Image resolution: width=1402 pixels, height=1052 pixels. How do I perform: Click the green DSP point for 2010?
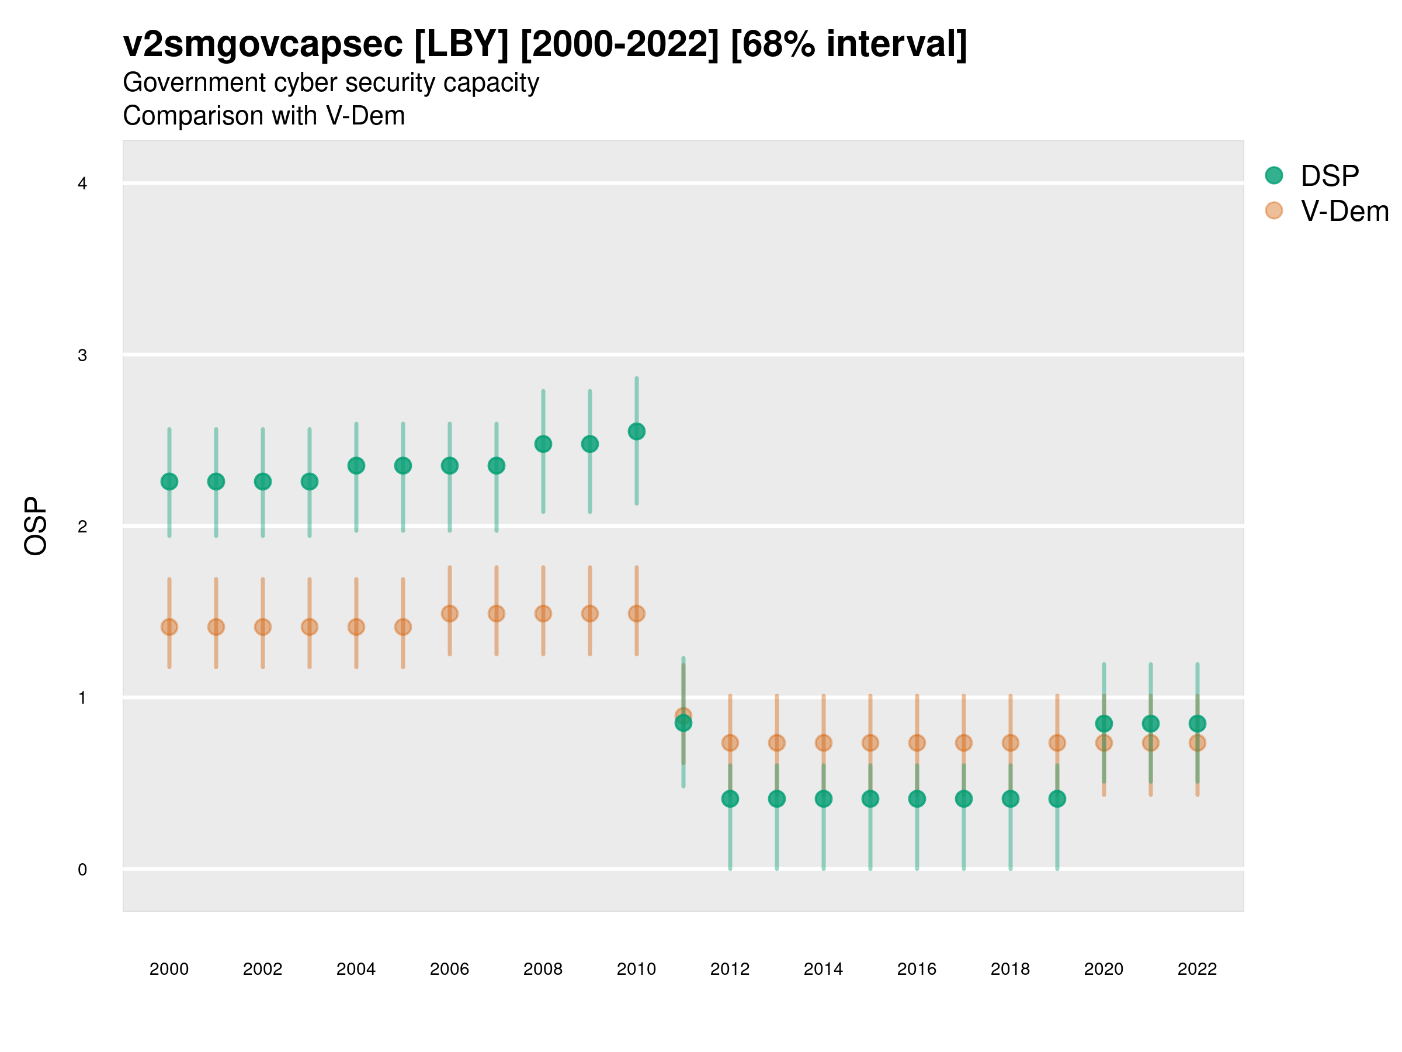[636, 431]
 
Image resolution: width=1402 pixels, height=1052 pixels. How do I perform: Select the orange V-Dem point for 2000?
[169, 627]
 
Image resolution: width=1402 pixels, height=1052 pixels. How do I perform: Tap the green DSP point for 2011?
[683, 723]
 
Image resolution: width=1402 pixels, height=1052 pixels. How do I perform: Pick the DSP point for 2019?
[1057, 798]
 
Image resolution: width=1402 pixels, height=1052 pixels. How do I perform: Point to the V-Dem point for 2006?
[449, 613]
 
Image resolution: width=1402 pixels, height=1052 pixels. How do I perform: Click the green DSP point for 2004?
[356, 465]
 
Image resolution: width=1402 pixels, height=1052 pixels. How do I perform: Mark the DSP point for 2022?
[1198, 724]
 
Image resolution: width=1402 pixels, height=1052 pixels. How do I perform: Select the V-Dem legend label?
[1344, 211]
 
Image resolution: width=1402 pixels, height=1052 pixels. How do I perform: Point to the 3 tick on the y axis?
[82, 355]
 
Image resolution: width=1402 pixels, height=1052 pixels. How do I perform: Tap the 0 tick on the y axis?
[82, 870]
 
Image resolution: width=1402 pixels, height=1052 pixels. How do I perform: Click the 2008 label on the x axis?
[543, 969]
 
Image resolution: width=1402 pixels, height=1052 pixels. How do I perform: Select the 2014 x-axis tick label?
[823, 969]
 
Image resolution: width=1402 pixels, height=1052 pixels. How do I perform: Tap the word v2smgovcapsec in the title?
[262, 44]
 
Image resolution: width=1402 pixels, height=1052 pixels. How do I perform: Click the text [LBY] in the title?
[461, 44]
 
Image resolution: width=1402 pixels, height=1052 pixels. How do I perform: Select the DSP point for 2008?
[543, 444]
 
